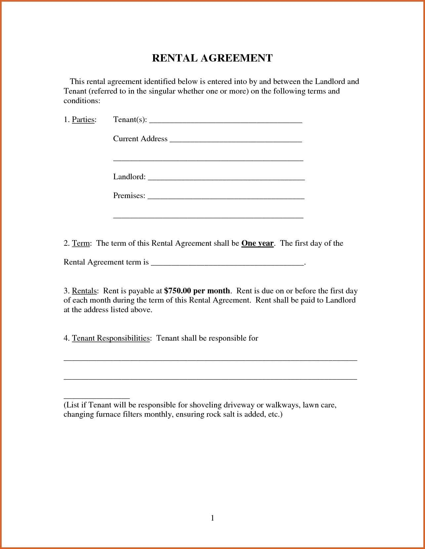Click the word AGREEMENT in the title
point(236,58)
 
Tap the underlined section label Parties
point(83,119)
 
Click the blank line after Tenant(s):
point(226,121)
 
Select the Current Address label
point(140,139)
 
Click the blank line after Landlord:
point(226,178)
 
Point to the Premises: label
point(129,195)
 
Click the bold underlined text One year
point(257,243)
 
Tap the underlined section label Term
point(81,243)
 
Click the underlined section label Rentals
point(84,291)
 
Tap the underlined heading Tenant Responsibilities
point(111,338)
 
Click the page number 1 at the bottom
point(212,518)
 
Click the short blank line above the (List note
point(96,397)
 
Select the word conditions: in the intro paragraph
point(82,101)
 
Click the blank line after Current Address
point(235,140)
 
